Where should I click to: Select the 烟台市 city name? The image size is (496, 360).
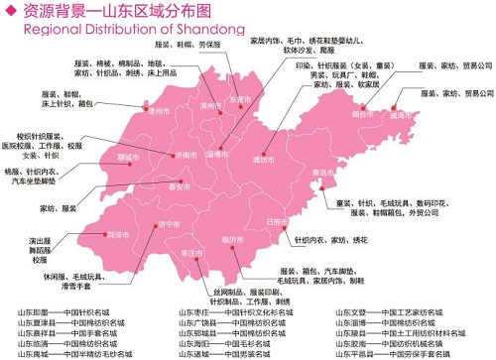point(377,113)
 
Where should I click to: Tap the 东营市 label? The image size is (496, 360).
point(241,100)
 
